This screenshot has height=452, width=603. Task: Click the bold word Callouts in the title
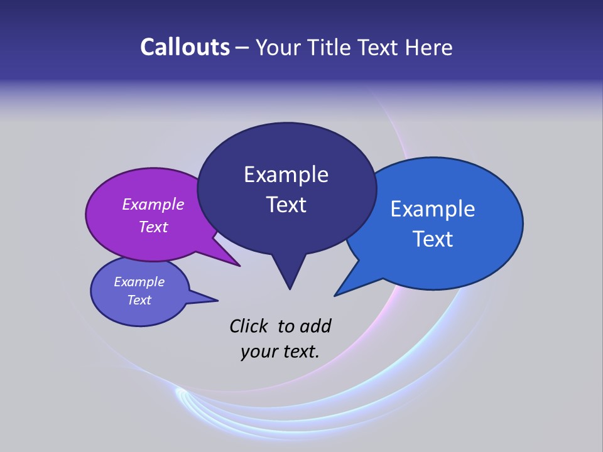pos(185,47)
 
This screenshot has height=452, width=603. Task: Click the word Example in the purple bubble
pos(153,204)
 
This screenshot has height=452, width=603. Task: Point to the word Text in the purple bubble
pos(153,227)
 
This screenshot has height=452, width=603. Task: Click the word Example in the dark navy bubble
pos(286,175)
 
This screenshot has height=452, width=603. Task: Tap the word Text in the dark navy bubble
pos(286,205)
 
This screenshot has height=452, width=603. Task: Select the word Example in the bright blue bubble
pos(433,209)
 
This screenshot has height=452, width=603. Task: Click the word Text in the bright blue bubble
pos(433,239)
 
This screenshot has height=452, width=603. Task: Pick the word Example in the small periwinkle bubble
pos(139,282)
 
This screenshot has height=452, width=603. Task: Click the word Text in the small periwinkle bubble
pos(139,300)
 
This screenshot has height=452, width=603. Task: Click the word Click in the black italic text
pos(249,326)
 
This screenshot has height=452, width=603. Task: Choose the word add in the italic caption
pos(315,326)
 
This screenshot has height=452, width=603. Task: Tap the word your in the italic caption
pos(258,352)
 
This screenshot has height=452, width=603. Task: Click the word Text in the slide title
pos(379,47)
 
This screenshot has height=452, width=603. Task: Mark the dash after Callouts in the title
pos(242,47)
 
